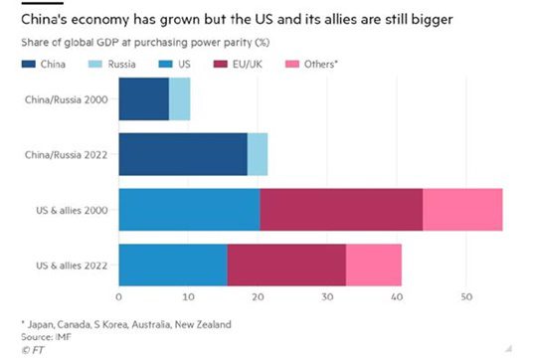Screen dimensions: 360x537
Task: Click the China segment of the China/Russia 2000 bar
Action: [x=143, y=99]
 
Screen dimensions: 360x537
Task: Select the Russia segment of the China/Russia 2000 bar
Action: [x=179, y=99]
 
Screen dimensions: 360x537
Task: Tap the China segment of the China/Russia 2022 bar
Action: [x=183, y=155]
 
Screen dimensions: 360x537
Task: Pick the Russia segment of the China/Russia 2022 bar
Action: [x=258, y=155]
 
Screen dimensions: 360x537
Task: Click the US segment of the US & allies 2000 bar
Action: [x=189, y=211]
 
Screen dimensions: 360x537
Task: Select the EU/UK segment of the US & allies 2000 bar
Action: [x=341, y=211]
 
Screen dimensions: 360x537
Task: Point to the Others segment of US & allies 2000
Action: [x=462, y=211]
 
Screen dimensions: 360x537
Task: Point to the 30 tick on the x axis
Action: [x=327, y=296]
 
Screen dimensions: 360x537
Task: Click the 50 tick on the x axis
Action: [x=466, y=296]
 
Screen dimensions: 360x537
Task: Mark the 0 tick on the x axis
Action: [x=119, y=296]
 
